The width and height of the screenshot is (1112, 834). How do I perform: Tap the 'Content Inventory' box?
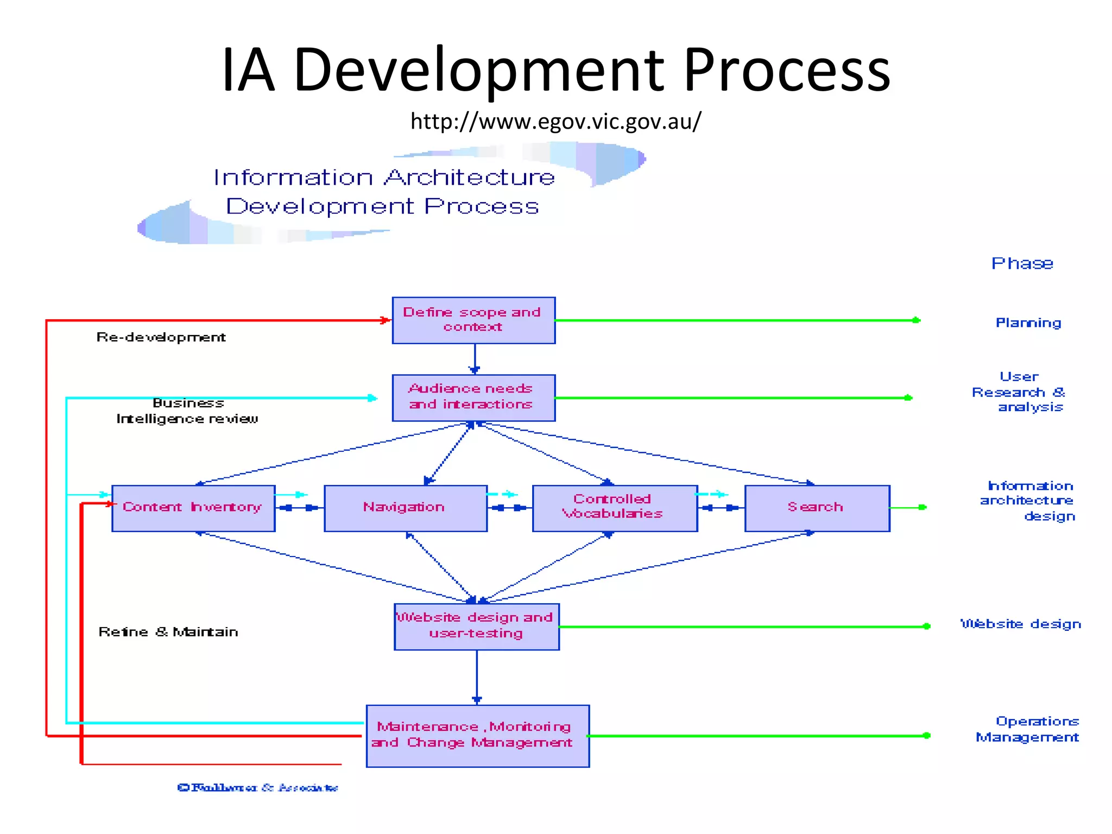coord(193,508)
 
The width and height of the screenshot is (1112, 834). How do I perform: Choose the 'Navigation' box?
coord(405,508)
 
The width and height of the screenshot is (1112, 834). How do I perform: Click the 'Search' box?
coord(817,508)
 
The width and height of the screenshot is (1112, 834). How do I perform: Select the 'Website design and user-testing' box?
coord(476,626)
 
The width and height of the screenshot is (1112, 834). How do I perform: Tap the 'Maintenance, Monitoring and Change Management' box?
coord(477,735)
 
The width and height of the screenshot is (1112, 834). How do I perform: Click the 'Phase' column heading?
coord(1022,264)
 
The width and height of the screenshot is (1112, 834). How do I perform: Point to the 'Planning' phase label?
coord(1028,323)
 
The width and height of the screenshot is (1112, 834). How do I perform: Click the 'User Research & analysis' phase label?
coord(1019,392)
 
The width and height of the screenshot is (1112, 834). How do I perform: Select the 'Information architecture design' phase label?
coord(1028,501)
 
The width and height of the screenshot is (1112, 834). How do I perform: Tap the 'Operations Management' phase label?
coord(1028,729)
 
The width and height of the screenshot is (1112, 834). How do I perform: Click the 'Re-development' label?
coord(161,338)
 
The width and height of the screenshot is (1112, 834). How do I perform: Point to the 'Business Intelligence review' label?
coord(187,411)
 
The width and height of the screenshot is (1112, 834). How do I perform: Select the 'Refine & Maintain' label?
coord(168,632)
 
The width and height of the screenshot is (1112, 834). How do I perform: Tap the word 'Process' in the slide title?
coord(787,71)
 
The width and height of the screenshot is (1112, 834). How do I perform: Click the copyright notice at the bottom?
coord(258,787)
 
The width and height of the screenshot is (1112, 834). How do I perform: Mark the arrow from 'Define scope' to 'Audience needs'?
coord(475,359)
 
